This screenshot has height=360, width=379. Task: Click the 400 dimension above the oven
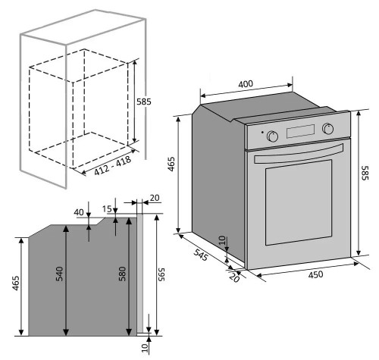coord(245,84)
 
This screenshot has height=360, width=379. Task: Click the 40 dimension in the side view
coord(77,213)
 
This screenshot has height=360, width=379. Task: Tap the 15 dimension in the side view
coord(107,208)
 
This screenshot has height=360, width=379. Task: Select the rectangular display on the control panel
coord(300,131)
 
